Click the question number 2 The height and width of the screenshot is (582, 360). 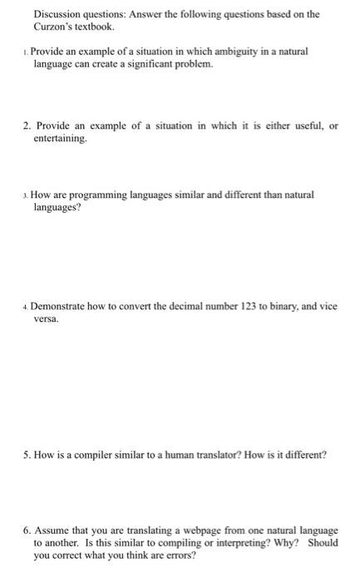[27, 126]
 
